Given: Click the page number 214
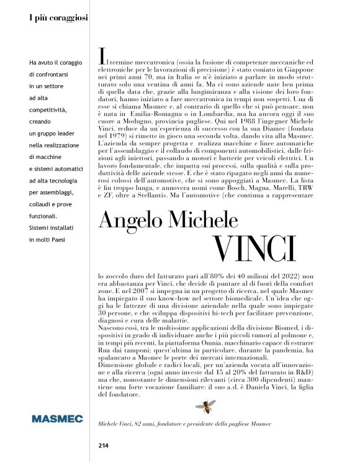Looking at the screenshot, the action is pos(104,445).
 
